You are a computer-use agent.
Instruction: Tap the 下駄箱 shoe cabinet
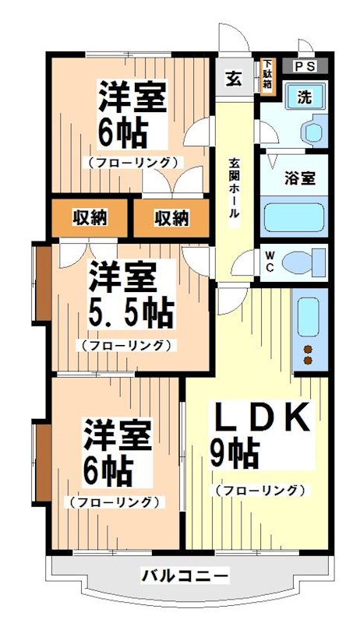coord(267,76)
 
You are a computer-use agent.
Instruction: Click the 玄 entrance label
coord(234,78)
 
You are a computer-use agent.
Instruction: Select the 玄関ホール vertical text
coord(234,191)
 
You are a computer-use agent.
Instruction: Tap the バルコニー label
coord(185,576)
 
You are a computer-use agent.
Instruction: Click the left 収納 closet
coord(90,217)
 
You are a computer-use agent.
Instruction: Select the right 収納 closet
coord(170,217)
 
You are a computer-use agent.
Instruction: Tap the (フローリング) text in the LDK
coord(259,490)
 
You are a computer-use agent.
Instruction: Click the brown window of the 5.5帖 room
coord(42,283)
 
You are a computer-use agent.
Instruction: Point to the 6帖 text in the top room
coord(123,134)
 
